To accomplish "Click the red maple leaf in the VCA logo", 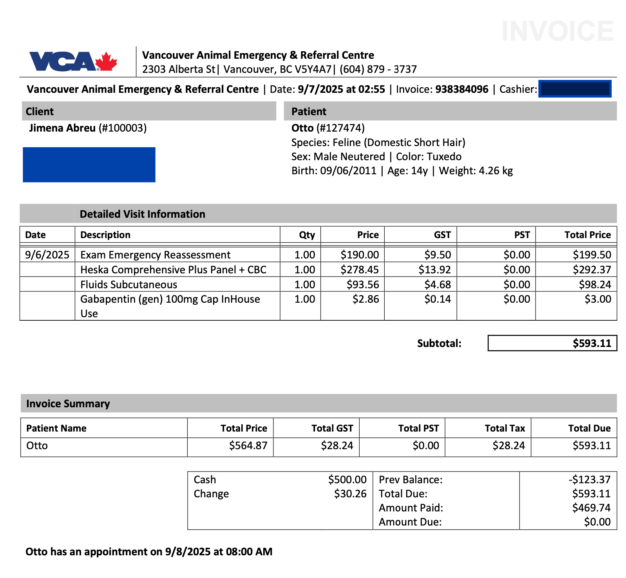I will [x=107, y=61].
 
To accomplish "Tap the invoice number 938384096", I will [x=461, y=89].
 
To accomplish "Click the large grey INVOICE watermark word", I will [x=557, y=31].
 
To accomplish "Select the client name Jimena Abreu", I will [x=62, y=128].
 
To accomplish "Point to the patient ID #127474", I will [x=340, y=128].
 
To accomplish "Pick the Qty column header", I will [x=307, y=235].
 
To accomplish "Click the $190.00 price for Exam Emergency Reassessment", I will [x=359, y=255].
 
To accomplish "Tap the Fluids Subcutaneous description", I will [x=128, y=285].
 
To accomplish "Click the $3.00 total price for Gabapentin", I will [x=597, y=299].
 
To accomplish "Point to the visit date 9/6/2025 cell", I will [x=47, y=255].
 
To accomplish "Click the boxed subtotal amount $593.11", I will [x=592, y=343].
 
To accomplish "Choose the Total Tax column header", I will [x=505, y=428].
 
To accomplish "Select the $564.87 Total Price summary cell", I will [x=248, y=446].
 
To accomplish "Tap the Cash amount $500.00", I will [x=347, y=480].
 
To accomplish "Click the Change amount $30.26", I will [x=350, y=494].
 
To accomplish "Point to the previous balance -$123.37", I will [x=590, y=480].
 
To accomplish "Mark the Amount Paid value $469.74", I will [x=591, y=508].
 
